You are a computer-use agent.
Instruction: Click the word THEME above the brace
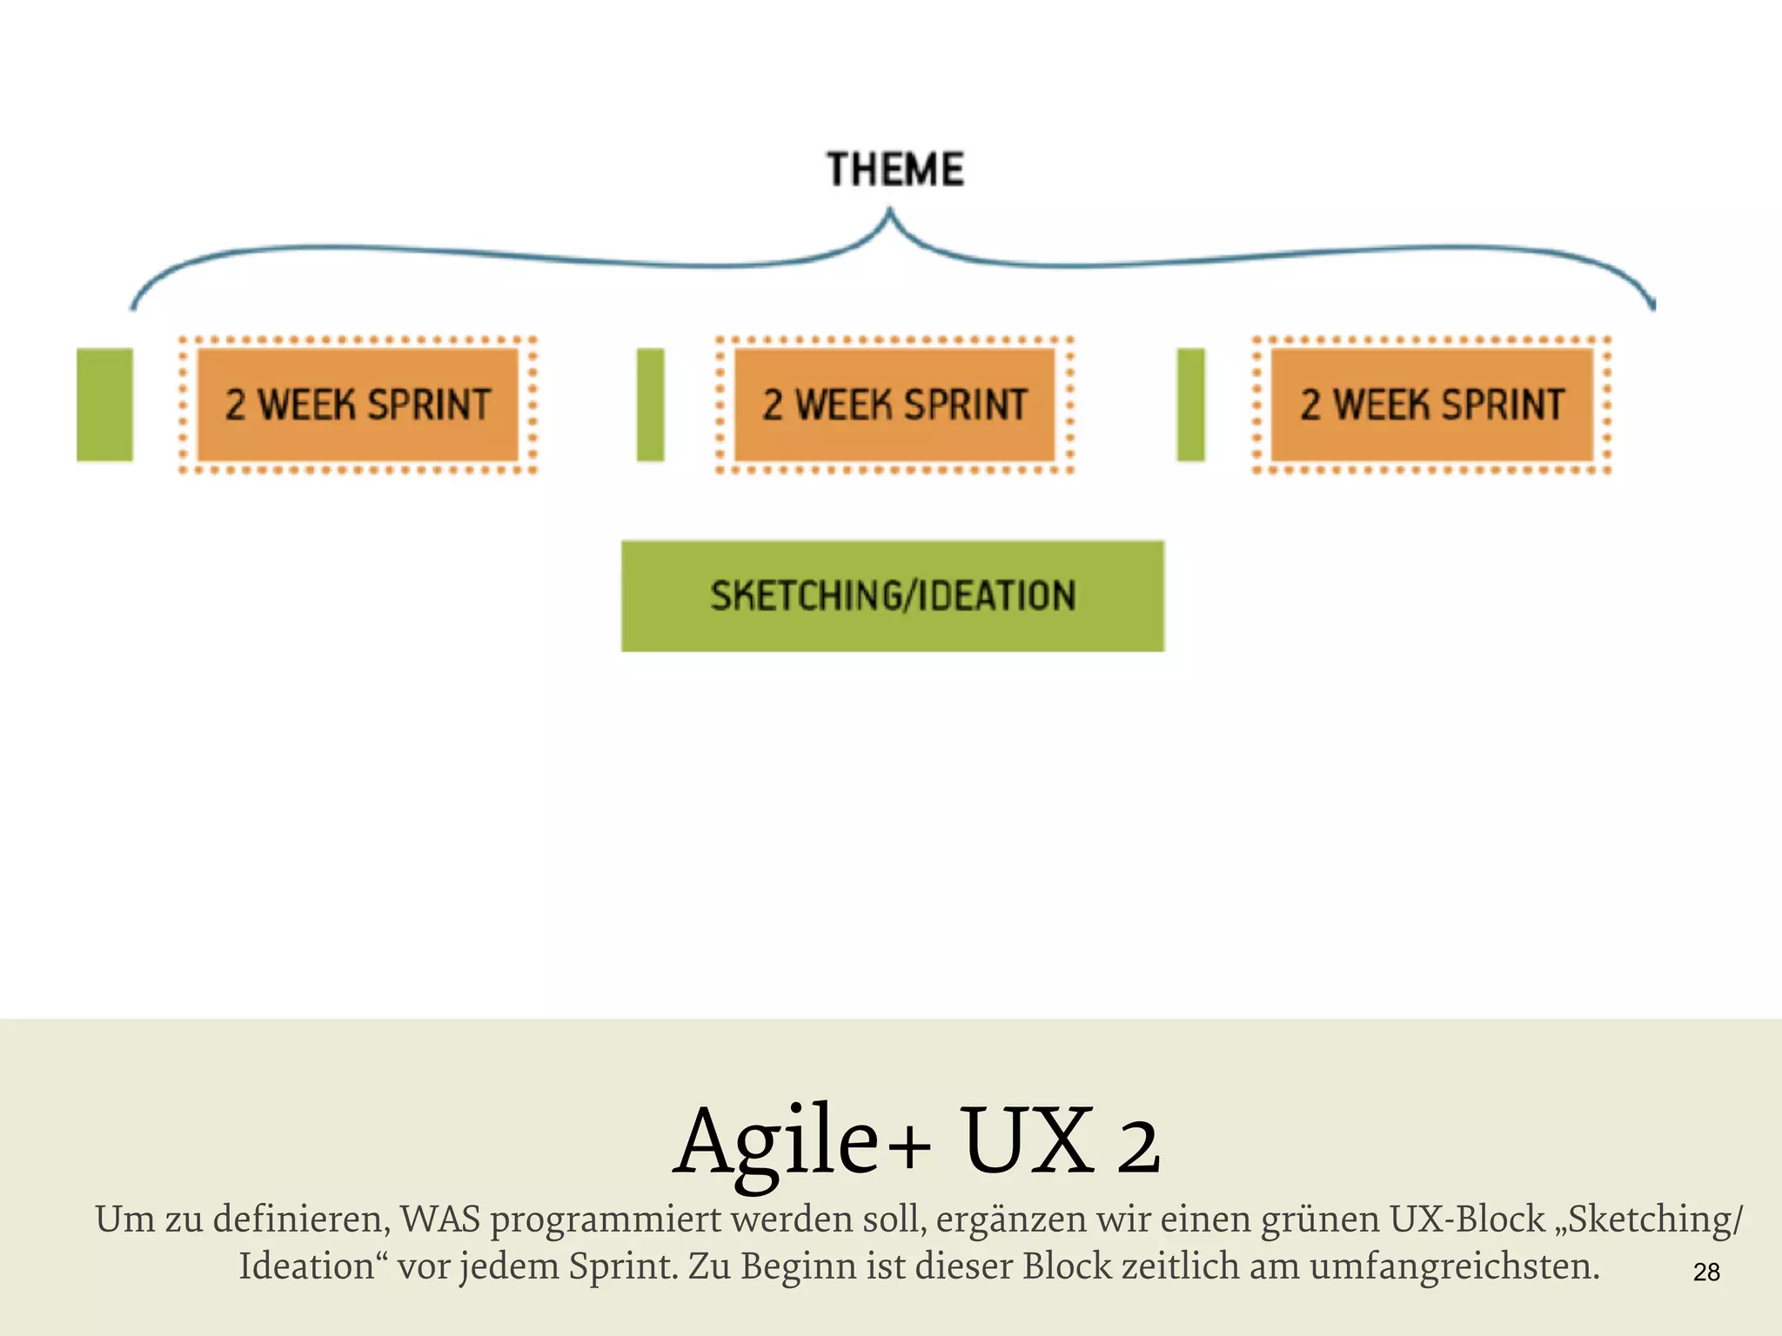click(895, 170)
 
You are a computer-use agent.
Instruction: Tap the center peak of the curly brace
click(889, 213)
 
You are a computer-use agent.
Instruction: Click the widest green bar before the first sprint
click(104, 404)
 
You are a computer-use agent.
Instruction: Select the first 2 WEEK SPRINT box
click(358, 404)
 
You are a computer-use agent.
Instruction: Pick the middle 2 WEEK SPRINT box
click(894, 404)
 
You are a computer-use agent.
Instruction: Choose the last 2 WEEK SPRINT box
click(1431, 404)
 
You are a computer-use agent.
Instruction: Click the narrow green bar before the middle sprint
click(650, 404)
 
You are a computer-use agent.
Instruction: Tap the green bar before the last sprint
click(1190, 404)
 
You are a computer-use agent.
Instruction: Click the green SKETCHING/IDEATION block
click(893, 597)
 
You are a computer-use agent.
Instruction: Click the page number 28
click(1706, 1273)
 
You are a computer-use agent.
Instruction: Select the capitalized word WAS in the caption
click(440, 1219)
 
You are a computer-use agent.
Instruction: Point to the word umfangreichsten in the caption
click(1454, 1266)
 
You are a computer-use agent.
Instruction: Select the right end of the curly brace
click(1652, 304)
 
